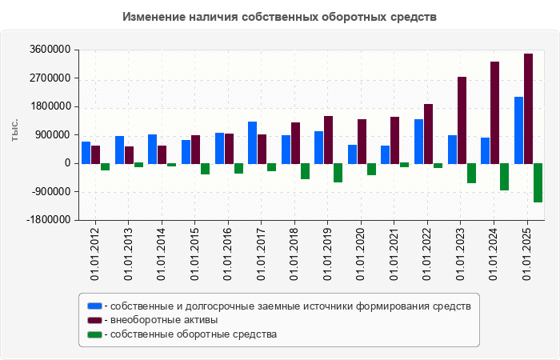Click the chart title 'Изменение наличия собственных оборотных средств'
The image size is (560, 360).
pyautogui.click(x=280, y=17)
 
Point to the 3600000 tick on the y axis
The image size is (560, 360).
pyautogui.click(x=49, y=50)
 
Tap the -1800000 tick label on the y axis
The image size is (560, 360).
pyautogui.click(x=46, y=220)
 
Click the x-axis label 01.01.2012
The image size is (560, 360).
pyautogui.click(x=95, y=253)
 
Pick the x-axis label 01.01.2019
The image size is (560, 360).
pyautogui.click(x=329, y=253)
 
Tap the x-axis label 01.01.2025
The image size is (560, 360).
pyautogui.click(x=529, y=253)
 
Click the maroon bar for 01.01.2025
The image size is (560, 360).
pyautogui.click(x=528, y=108)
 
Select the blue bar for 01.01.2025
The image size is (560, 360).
pyautogui.click(x=518, y=130)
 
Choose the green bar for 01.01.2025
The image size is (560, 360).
pyautogui.click(x=538, y=182)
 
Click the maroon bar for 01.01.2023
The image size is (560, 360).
pyautogui.click(x=462, y=120)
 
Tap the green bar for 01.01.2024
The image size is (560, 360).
pyautogui.click(x=504, y=177)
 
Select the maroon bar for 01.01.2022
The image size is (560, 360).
pyautogui.click(x=428, y=134)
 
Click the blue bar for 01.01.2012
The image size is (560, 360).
pyautogui.click(x=86, y=152)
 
